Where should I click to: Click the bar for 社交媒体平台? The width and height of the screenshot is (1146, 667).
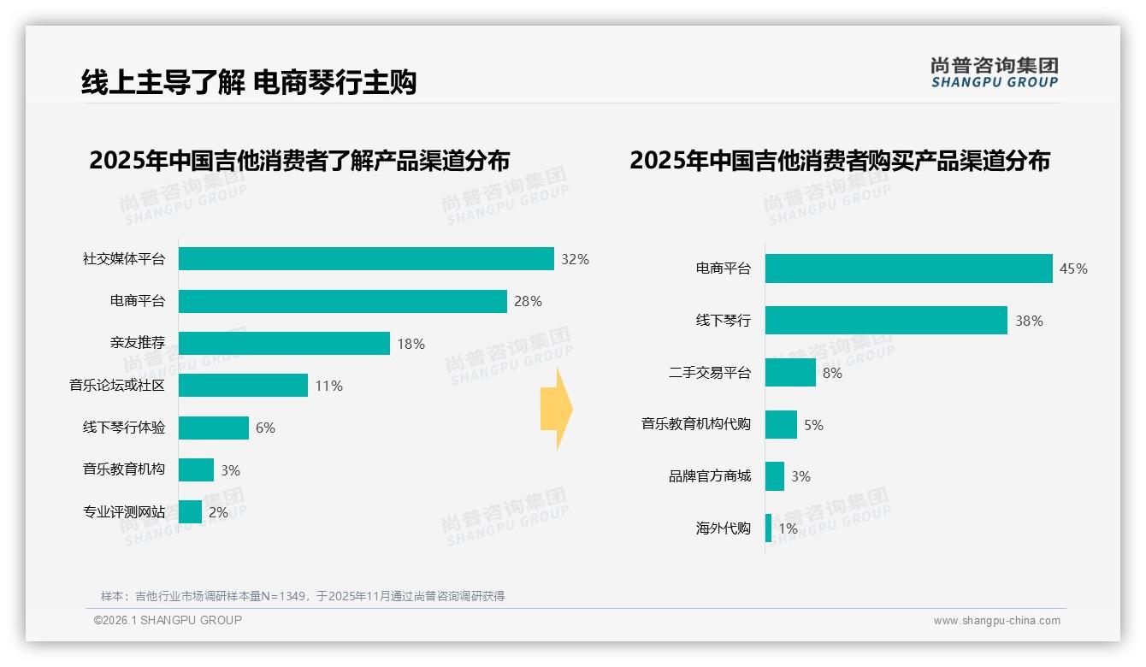366,259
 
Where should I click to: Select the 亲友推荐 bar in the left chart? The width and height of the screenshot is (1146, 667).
284,344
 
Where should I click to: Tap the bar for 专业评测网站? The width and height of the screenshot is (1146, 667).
191,512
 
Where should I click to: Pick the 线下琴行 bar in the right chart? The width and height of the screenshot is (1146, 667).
886,321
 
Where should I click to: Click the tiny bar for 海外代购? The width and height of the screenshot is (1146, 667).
768,528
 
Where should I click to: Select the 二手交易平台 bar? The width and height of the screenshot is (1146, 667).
790,373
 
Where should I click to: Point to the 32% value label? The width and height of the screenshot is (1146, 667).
575,259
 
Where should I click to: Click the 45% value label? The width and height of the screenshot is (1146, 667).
1073,269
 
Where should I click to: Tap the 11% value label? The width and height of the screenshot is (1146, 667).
328,386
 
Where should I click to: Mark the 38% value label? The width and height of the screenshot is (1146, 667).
1029,321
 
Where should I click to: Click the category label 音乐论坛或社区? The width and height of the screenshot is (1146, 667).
117,386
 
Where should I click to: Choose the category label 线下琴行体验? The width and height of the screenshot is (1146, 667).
124,428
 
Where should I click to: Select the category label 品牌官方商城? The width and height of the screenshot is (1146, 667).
710,476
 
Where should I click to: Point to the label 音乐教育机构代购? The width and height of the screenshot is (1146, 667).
696,424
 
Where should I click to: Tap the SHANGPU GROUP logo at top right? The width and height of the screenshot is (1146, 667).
994,73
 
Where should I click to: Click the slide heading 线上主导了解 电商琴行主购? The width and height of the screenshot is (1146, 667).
249,82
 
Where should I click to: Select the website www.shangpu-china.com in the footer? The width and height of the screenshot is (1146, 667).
996,621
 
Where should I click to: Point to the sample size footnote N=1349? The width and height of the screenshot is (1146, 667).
303,596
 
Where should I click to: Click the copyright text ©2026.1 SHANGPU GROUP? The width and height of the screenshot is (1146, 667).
168,620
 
